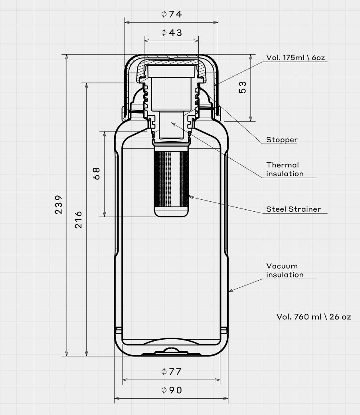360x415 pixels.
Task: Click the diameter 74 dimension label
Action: [171, 14]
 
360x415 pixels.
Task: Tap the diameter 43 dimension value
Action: [171, 33]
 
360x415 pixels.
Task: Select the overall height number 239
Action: [59, 205]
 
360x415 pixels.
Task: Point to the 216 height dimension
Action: [78, 220]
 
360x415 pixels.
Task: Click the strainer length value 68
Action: [97, 173]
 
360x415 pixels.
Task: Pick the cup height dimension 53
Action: [242, 87]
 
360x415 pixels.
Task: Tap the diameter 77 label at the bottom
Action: [171, 371]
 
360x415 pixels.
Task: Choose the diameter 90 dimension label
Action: [171, 390]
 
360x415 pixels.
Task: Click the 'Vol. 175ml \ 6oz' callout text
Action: [296, 57]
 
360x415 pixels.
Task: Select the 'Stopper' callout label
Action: [282, 140]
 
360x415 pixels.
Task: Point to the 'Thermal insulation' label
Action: [285, 169]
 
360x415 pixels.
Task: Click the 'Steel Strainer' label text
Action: [293, 209]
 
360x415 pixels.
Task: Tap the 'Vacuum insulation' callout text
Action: [285, 270]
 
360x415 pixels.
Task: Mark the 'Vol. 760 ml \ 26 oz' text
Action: [314, 317]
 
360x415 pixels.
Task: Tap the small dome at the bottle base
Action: [171, 350]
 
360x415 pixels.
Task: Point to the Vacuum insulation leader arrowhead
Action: [230, 291]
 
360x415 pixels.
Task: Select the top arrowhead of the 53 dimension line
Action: [251, 57]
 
